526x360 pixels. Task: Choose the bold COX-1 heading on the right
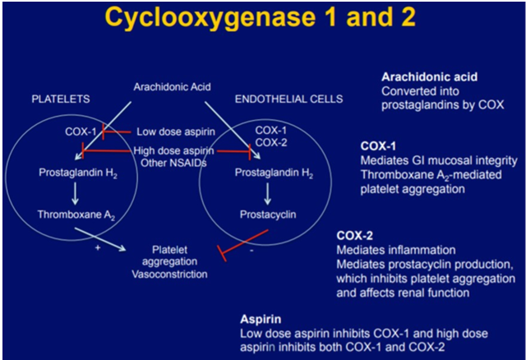pyautogui.click(x=379, y=145)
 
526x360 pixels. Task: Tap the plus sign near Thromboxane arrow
pyautogui.click(x=97, y=247)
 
